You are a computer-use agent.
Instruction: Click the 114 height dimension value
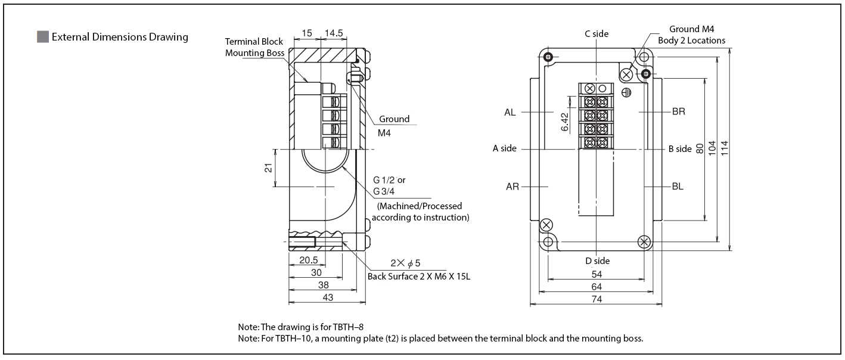[x=725, y=148]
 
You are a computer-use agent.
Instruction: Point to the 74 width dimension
[x=597, y=299]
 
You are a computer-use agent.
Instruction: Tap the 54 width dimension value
[x=597, y=274]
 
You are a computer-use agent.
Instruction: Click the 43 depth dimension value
[x=327, y=297]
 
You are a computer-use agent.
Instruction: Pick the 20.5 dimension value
[x=308, y=260]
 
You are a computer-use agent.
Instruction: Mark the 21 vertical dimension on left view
[x=268, y=168]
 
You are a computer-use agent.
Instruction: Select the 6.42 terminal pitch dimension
[x=564, y=122]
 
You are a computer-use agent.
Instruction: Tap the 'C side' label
[x=597, y=34]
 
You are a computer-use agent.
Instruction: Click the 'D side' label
[x=597, y=261]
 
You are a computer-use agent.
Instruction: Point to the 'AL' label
[x=510, y=112]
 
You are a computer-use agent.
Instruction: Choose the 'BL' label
[x=678, y=186]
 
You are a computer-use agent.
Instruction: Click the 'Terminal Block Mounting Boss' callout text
[x=254, y=47]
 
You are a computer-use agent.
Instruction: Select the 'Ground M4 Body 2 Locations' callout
[x=692, y=35]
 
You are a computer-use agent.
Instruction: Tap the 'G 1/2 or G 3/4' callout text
[x=389, y=185]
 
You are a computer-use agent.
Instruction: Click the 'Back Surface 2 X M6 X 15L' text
[x=419, y=276]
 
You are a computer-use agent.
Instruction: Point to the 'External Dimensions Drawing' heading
[x=120, y=37]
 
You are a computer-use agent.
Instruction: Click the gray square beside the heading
[x=42, y=37]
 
